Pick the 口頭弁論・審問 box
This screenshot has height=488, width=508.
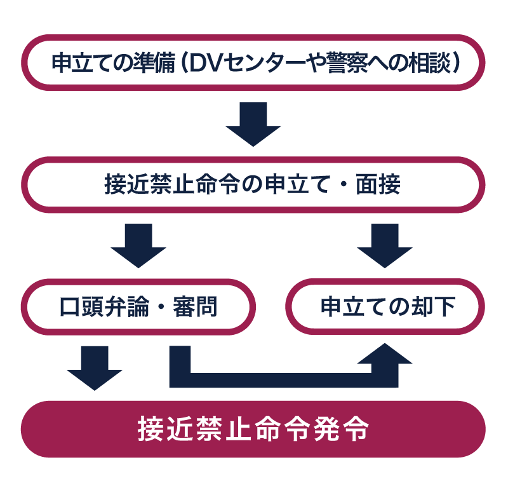[x=138, y=307]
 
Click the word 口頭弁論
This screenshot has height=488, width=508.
[x=101, y=307]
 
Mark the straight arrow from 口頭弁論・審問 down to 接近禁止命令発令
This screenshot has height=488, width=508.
[x=95, y=367]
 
